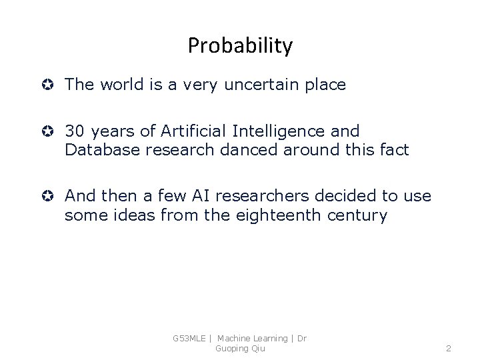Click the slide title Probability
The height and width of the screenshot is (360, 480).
point(240,45)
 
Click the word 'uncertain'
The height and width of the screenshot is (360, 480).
point(257,85)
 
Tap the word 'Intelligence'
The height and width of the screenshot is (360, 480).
point(278,131)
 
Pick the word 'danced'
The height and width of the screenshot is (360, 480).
point(251,150)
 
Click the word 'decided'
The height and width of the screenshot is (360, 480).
point(342,197)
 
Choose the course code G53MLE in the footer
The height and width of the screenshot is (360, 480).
point(189,339)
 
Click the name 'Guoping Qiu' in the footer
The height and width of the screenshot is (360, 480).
point(239,348)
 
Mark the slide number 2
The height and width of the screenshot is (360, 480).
point(449,348)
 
